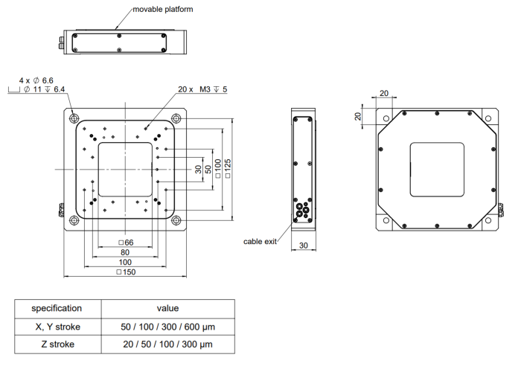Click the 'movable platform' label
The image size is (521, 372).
163,9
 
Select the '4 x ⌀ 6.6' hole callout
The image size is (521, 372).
36,80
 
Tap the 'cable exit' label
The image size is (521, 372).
260,242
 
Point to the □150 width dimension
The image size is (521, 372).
126,272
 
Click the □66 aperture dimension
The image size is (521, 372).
126,243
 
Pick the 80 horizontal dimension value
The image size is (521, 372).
125,252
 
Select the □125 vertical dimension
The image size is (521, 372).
228,168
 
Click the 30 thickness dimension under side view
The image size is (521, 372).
304,246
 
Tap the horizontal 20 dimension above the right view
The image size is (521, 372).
384,93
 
